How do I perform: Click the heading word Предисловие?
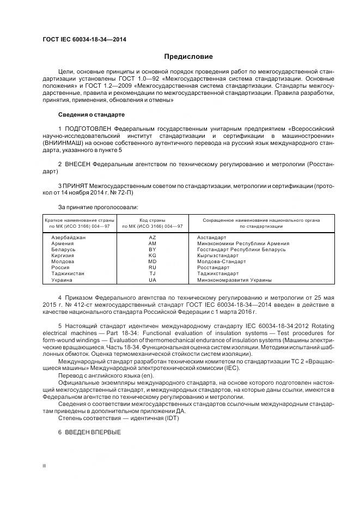tap(188, 57)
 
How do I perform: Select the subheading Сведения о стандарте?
tap(91, 115)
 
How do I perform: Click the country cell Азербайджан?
tap(68, 238)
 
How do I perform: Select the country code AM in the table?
tap(152, 244)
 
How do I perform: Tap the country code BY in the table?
tap(152, 249)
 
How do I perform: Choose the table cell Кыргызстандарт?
tap(218, 255)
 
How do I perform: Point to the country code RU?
tap(152, 268)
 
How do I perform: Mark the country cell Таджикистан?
tap(68, 274)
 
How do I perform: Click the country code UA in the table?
tap(152, 280)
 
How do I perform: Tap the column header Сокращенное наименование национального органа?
tap(261, 220)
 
